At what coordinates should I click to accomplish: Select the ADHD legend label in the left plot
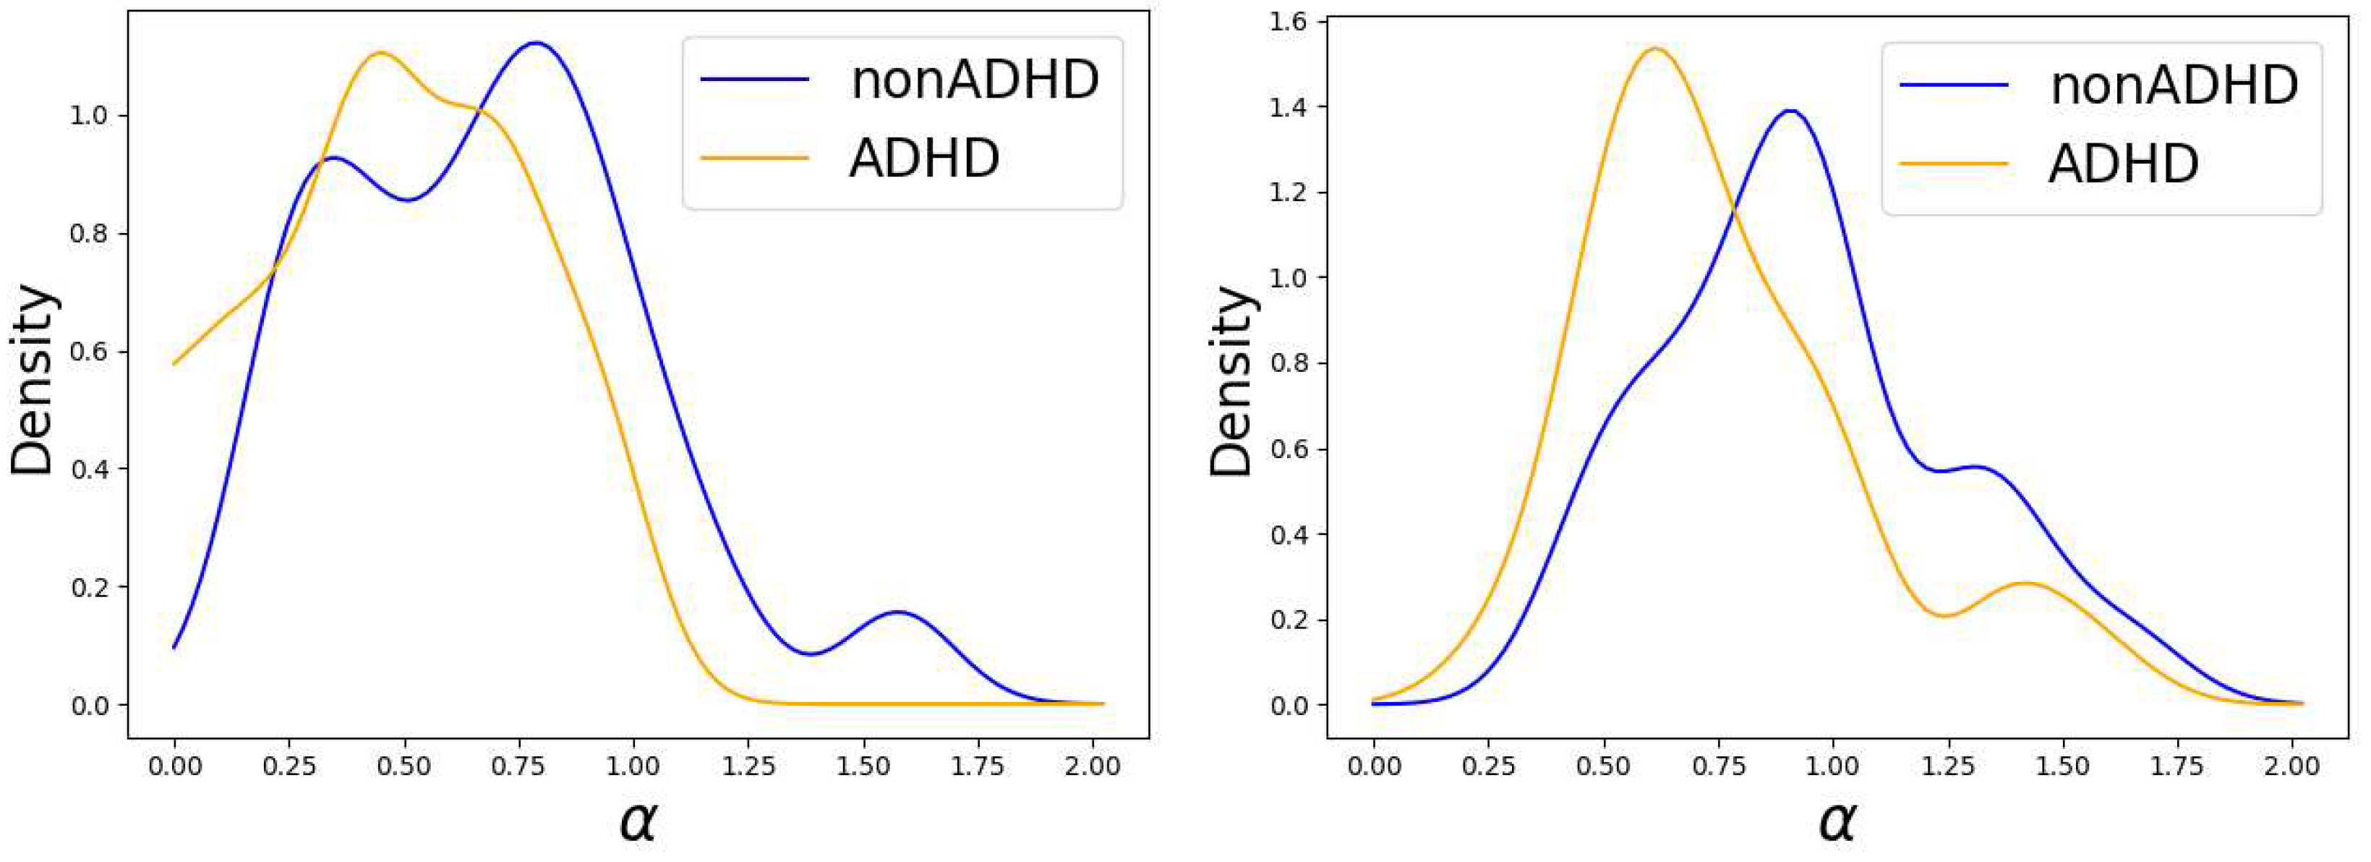pyautogui.click(x=924, y=159)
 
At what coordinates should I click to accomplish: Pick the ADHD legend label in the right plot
pyautogui.click(x=2124, y=164)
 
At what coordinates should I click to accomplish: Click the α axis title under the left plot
pyautogui.click(x=637, y=821)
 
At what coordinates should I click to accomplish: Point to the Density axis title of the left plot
pyautogui.click(x=33, y=379)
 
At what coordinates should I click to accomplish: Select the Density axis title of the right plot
pyautogui.click(x=1231, y=379)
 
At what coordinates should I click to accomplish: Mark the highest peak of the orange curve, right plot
pyautogui.click(x=1655, y=48)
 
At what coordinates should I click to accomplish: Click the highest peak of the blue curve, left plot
pyautogui.click(x=535, y=43)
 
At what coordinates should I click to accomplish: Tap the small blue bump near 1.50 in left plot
pyautogui.click(x=897, y=612)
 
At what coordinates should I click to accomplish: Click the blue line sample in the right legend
pyautogui.click(x=1953, y=85)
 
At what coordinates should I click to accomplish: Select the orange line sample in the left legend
pyautogui.click(x=754, y=159)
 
